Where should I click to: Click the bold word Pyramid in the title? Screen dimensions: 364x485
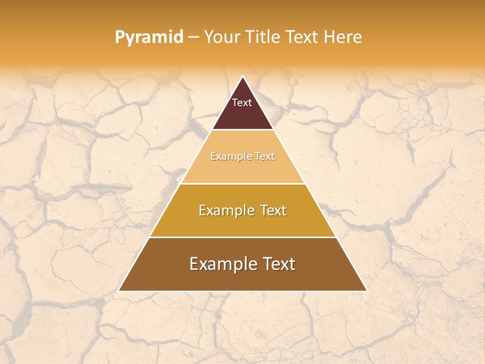tap(149, 37)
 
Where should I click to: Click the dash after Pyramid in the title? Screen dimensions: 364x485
tap(193, 37)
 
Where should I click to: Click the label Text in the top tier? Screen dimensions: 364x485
tap(242, 103)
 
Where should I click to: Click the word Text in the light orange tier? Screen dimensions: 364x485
tap(265, 157)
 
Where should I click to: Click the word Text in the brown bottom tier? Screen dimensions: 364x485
tap(278, 264)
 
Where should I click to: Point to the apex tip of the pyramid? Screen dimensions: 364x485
tap(243, 77)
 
